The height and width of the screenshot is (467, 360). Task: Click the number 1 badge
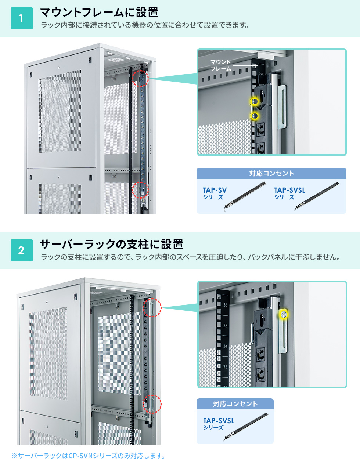(22, 18)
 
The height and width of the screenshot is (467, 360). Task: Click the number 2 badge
(22, 250)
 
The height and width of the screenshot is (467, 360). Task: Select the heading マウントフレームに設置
(99, 12)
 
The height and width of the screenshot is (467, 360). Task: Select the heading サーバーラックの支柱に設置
(111, 244)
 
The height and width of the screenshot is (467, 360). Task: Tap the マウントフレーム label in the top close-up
(221, 65)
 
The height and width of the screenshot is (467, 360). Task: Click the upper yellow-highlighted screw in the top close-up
(254, 101)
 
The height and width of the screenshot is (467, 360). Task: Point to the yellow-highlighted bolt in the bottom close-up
(283, 314)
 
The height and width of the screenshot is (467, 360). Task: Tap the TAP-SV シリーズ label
(215, 193)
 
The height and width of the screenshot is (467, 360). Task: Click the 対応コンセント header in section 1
(271, 173)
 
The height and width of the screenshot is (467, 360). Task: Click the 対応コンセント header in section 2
(235, 404)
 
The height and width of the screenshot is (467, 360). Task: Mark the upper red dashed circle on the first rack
(140, 78)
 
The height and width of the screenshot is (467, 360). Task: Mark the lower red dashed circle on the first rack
(140, 190)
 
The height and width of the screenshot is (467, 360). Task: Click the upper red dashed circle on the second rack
(152, 308)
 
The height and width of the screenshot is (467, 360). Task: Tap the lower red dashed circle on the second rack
(152, 404)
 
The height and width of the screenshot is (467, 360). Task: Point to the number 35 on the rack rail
(225, 325)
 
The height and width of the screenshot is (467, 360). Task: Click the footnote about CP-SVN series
(89, 456)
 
